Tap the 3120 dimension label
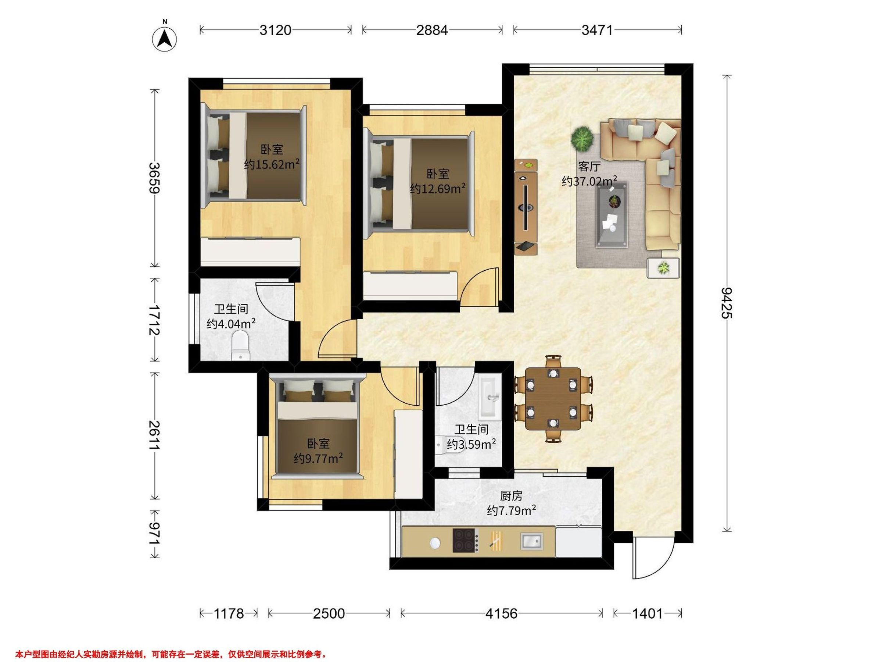(x=276, y=30)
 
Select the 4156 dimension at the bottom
(x=501, y=613)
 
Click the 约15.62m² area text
(x=272, y=164)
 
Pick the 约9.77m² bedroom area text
(x=318, y=459)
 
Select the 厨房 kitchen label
(x=511, y=496)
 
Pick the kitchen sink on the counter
(x=531, y=541)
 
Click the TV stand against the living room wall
(x=526, y=207)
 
